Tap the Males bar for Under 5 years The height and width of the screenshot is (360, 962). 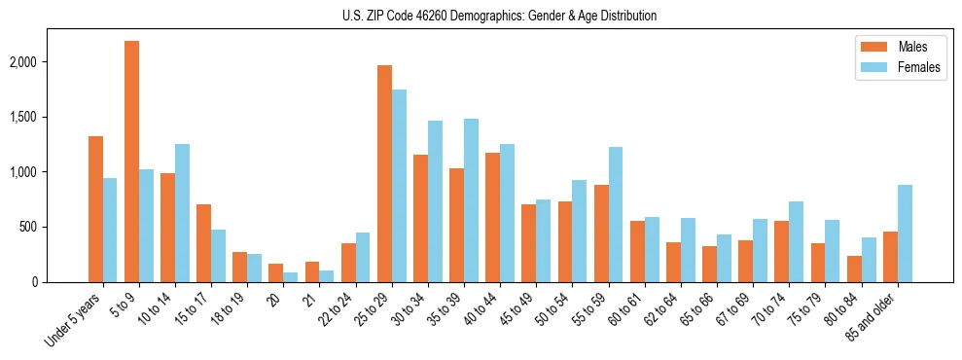(x=95, y=209)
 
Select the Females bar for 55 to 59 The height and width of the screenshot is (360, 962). (x=616, y=214)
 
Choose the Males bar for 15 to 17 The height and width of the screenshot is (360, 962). (x=203, y=243)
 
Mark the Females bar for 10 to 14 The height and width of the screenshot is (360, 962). (x=182, y=213)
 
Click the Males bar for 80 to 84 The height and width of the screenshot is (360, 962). (x=854, y=269)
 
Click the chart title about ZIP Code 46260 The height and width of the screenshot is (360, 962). (x=499, y=17)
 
